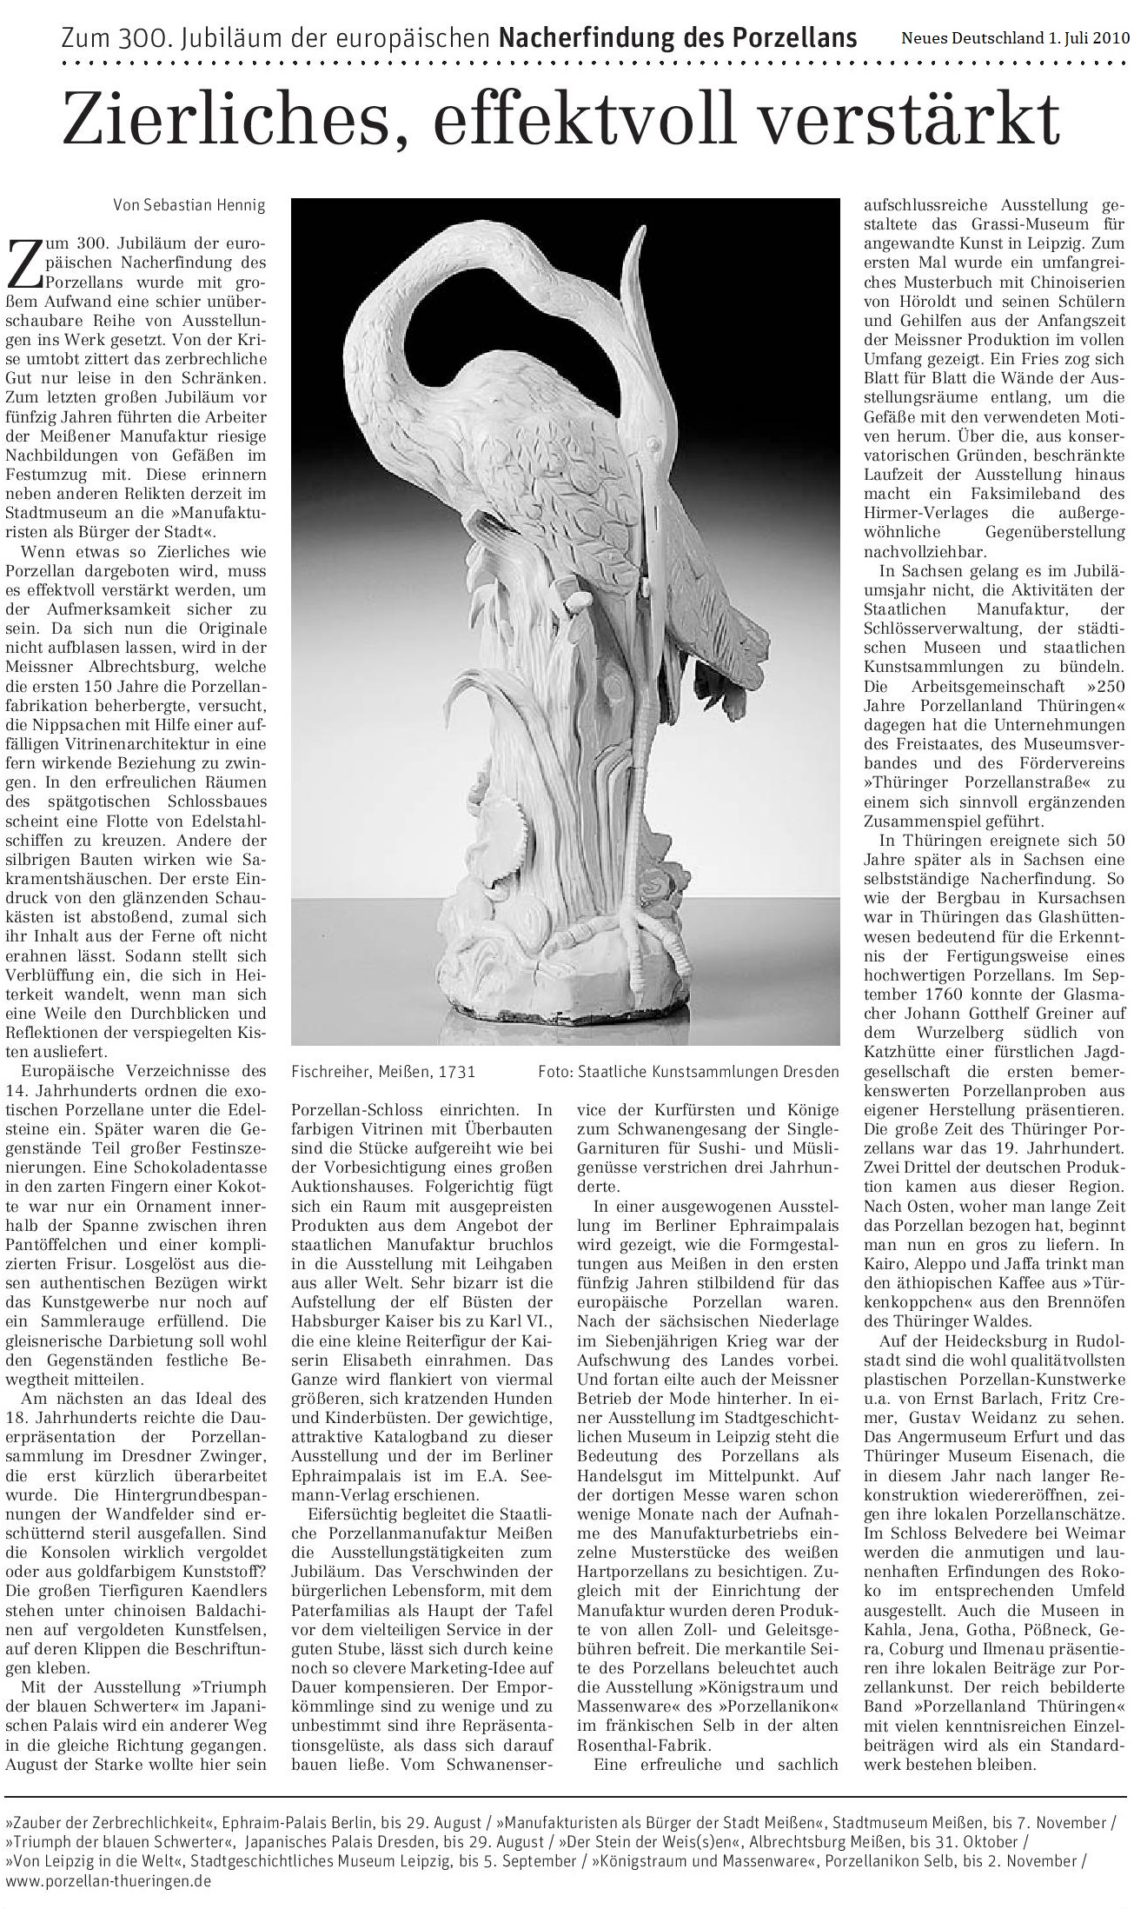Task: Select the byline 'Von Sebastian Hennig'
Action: [x=189, y=205]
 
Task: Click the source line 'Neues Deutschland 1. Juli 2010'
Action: [x=1012, y=38]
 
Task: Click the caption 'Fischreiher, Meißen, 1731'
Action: [x=383, y=1071]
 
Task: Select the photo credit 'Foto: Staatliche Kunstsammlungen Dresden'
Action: [x=688, y=1071]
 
